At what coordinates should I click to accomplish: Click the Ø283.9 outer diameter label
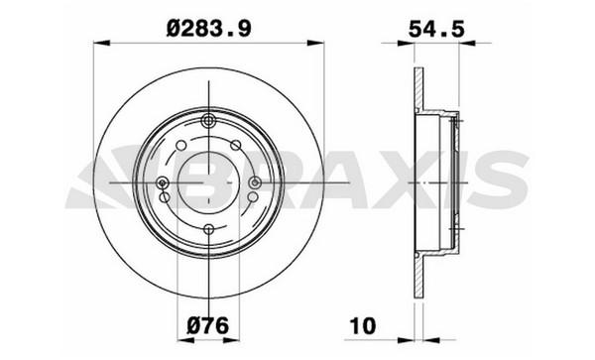click(x=208, y=29)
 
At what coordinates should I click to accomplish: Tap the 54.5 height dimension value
click(x=436, y=29)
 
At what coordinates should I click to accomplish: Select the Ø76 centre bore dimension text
click(x=208, y=325)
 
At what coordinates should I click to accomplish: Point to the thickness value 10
click(x=363, y=326)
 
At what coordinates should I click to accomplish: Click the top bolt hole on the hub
click(x=208, y=121)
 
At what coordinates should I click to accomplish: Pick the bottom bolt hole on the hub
click(x=208, y=229)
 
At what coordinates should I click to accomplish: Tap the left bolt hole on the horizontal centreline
click(x=163, y=183)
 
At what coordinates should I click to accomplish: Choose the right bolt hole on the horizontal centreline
click(x=255, y=182)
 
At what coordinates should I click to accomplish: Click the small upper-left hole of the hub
click(x=181, y=145)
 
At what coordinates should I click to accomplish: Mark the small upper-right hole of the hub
click(x=236, y=145)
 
